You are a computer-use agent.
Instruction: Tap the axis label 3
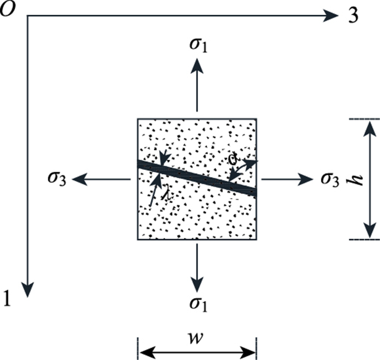coord(352,16)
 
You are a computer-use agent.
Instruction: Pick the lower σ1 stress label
coord(198,315)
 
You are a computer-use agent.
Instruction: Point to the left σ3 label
coord(56,179)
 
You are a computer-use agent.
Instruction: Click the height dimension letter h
coord(357,180)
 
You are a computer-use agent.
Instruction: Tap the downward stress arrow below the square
coord(197,268)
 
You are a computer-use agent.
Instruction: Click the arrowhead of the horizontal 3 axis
coord(329,16)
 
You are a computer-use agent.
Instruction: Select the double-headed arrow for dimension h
coord(370,179)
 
